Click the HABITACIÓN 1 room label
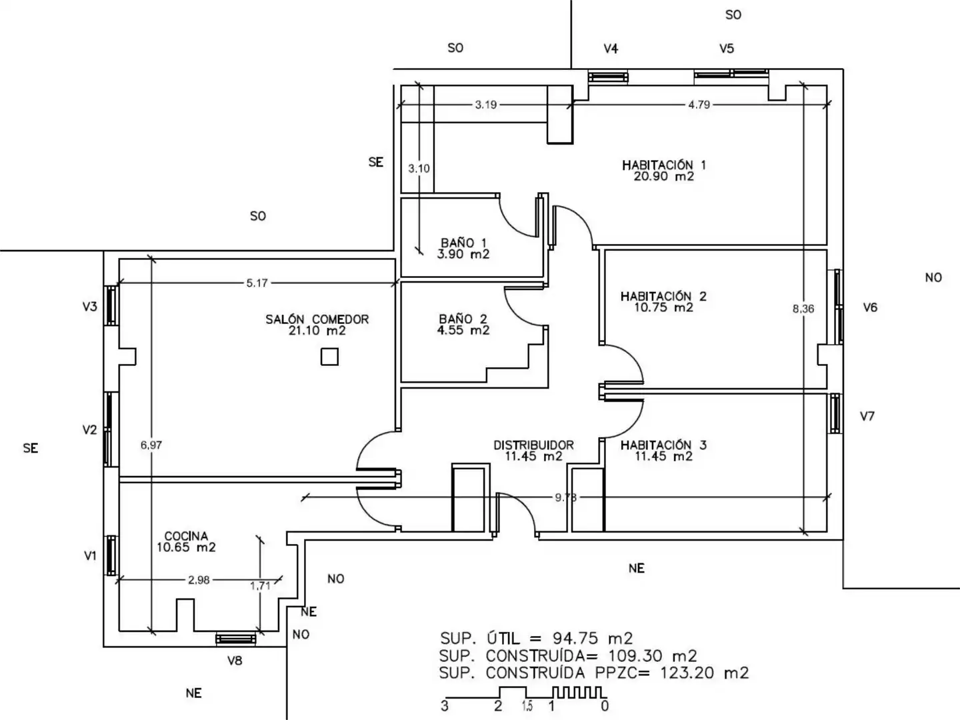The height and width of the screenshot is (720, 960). (x=663, y=165)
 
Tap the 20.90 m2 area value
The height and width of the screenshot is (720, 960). (x=663, y=176)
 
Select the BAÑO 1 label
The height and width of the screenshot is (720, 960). (x=463, y=243)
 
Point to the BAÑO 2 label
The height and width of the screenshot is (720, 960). (x=463, y=319)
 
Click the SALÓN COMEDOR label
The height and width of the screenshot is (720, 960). (x=317, y=319)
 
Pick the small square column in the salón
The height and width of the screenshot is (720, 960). (x=329, y=356)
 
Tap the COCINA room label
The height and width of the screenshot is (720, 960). (x=186, y=536)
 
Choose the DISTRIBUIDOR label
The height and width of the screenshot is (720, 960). (x=533, y=445)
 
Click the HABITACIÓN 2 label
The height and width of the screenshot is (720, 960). (x=663, y=296)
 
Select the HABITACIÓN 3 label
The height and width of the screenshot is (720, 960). (x=663, y=445)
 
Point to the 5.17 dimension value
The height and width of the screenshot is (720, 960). (x=257, y=283)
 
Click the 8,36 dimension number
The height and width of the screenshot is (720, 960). (x=803, y=309)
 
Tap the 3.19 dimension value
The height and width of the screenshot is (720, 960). (x=486, y=105)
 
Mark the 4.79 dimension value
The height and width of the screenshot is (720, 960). (x=699, y=105)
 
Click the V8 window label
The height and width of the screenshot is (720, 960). (x=235, y=661)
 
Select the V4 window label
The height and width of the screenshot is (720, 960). (x=611, y=49)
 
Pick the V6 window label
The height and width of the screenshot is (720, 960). (x=871, y=308)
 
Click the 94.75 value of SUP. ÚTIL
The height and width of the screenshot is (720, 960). (x=575, y=639)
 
